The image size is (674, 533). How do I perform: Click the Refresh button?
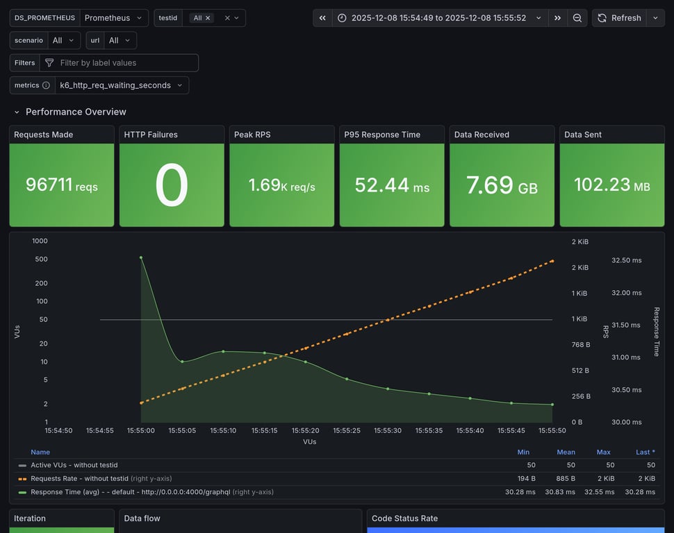(x=619, y=18)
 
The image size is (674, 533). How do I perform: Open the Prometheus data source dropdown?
(x=114, y=18)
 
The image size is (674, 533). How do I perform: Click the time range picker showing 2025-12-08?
(x=440, y=18)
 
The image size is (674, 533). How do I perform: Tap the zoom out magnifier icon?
(x=577, y=18)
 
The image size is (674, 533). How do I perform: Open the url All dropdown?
(x=120, y=40)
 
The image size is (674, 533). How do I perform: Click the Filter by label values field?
(x=125, y=62)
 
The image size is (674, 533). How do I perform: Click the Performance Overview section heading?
(x=76, y=112)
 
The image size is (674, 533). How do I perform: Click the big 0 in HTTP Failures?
(x=172, y=185)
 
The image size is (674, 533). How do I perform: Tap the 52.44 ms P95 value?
(x=392, y=185)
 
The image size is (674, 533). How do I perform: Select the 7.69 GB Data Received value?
(x=502, y=185)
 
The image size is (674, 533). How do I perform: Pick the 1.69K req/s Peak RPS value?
(x=281, y=185)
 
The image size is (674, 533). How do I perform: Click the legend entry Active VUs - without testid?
(x=74, y=465)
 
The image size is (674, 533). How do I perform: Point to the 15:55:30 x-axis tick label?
(x=388, y=430)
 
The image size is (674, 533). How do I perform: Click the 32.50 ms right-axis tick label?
(x=626, y=260)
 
